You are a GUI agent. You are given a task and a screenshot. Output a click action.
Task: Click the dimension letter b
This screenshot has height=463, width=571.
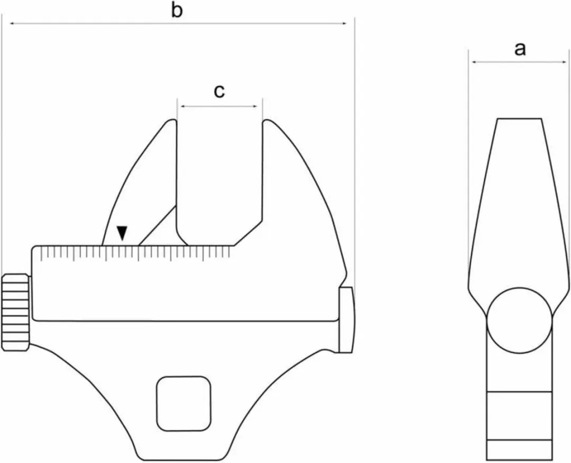pyautogui.click(x=177, y=11)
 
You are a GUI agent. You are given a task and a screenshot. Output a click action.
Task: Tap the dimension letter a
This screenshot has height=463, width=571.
pyautogui.click(x=520, y=49)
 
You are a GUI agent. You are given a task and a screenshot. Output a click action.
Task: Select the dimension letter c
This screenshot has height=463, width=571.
pyautogui.click(x=219, y=92)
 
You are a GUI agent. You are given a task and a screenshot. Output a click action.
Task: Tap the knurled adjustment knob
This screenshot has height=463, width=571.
pyautogui.click(x=16, y=313)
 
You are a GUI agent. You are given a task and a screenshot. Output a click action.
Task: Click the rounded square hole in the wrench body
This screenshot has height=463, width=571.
pyautogui.click(x=184, y=404)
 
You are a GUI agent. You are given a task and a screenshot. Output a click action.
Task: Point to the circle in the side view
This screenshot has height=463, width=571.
pyautogui.click(x=519, y=320)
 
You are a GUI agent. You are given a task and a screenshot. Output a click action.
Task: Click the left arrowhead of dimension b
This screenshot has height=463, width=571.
pyautogui.click(x=12, y=24)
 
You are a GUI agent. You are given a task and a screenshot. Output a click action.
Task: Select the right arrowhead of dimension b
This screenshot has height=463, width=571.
pyautogui.click(x=344, y=24)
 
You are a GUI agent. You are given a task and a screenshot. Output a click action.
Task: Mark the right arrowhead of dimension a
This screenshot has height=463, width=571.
pyautogui.click(x=564, y=62)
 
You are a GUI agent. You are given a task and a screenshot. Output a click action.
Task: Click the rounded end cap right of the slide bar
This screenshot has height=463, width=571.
pyautogui.click(x=346, y=320)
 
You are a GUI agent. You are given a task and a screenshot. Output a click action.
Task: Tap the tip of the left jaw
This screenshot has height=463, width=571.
pyautogui.click(x=172, y=120)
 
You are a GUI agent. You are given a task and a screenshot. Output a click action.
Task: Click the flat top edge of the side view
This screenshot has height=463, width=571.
pyautogui.click(x=520, y=119)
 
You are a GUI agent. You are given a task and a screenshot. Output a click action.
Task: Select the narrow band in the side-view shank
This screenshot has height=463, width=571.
pyautogui.click(x=519, y=416)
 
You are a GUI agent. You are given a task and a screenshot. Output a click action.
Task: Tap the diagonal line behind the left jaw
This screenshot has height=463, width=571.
pyautogui.click(x=158, y=225)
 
